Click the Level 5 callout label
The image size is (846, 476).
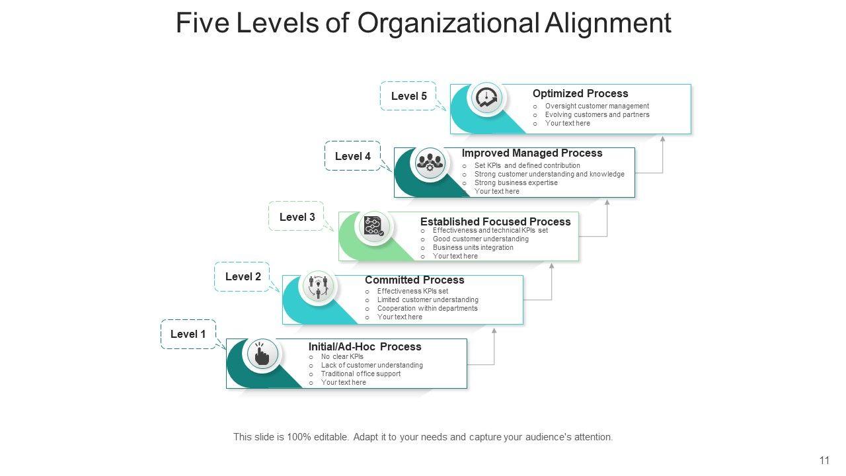pos(408,96)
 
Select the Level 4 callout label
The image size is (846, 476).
pos(352,156)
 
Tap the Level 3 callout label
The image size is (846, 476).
pos(297,217)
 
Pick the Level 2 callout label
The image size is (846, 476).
pos(243,277)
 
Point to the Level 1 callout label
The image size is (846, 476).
pos(188,335)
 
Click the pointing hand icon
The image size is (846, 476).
pos(262,355)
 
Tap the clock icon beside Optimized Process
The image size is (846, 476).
pos(487,99)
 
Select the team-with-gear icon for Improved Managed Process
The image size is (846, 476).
pos(430,163)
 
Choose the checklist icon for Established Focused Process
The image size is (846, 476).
pos(373,227)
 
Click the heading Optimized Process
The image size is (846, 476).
pos(580,94)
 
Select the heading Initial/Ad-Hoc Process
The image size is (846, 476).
pos(365,346)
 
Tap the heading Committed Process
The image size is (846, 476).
pos(414,280)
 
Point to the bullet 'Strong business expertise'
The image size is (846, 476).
pos(516,182)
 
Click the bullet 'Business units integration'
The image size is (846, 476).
pos(473,247)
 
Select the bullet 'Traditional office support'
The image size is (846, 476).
pos(360,374)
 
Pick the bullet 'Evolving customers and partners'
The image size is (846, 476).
pos(597,114)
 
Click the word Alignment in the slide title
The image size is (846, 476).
pos(608,23)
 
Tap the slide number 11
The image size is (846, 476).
pos(824,461)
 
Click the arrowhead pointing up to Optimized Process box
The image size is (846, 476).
pos(662,139)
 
